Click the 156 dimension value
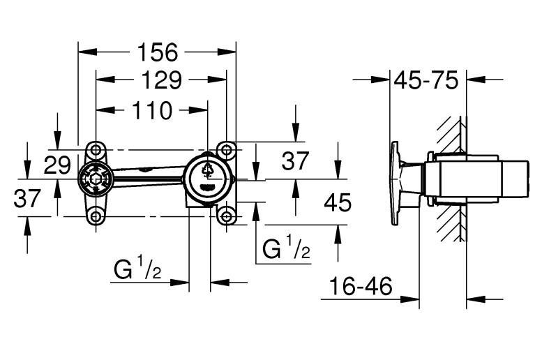coord(158,52)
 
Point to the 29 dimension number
coord(58,166)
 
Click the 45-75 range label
coord(426,80)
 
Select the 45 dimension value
coord(338,202)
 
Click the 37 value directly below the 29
coord(28,199)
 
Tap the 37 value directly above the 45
coord(295,161)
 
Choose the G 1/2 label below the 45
coord(286,249)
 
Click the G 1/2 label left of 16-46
coord(137,269)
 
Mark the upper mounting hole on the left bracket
coord(96,150)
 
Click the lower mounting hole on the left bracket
coord(96,216)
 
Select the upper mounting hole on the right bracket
coord(225,150)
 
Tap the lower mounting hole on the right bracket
coord(225,216)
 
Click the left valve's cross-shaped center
coord(96,181)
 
